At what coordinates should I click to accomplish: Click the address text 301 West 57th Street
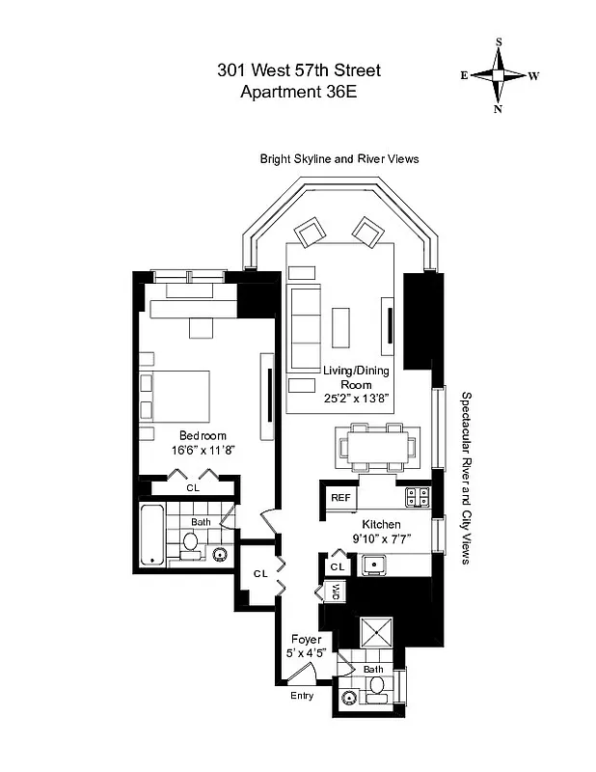click(298, 70)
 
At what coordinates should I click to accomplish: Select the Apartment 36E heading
click(298, 93)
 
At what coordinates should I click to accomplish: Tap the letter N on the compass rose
click(499, 109)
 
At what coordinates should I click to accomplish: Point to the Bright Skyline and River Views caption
click(339, 158)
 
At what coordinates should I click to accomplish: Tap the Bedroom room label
click(202, 435)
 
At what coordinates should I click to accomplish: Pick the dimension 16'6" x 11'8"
click(202, 450)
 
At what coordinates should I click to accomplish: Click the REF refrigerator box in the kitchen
click(340, 497)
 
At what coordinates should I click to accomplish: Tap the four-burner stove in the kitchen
click(418, 497)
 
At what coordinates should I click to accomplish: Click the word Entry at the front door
click(302, 696)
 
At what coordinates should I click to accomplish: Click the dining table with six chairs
click(376, 447)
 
